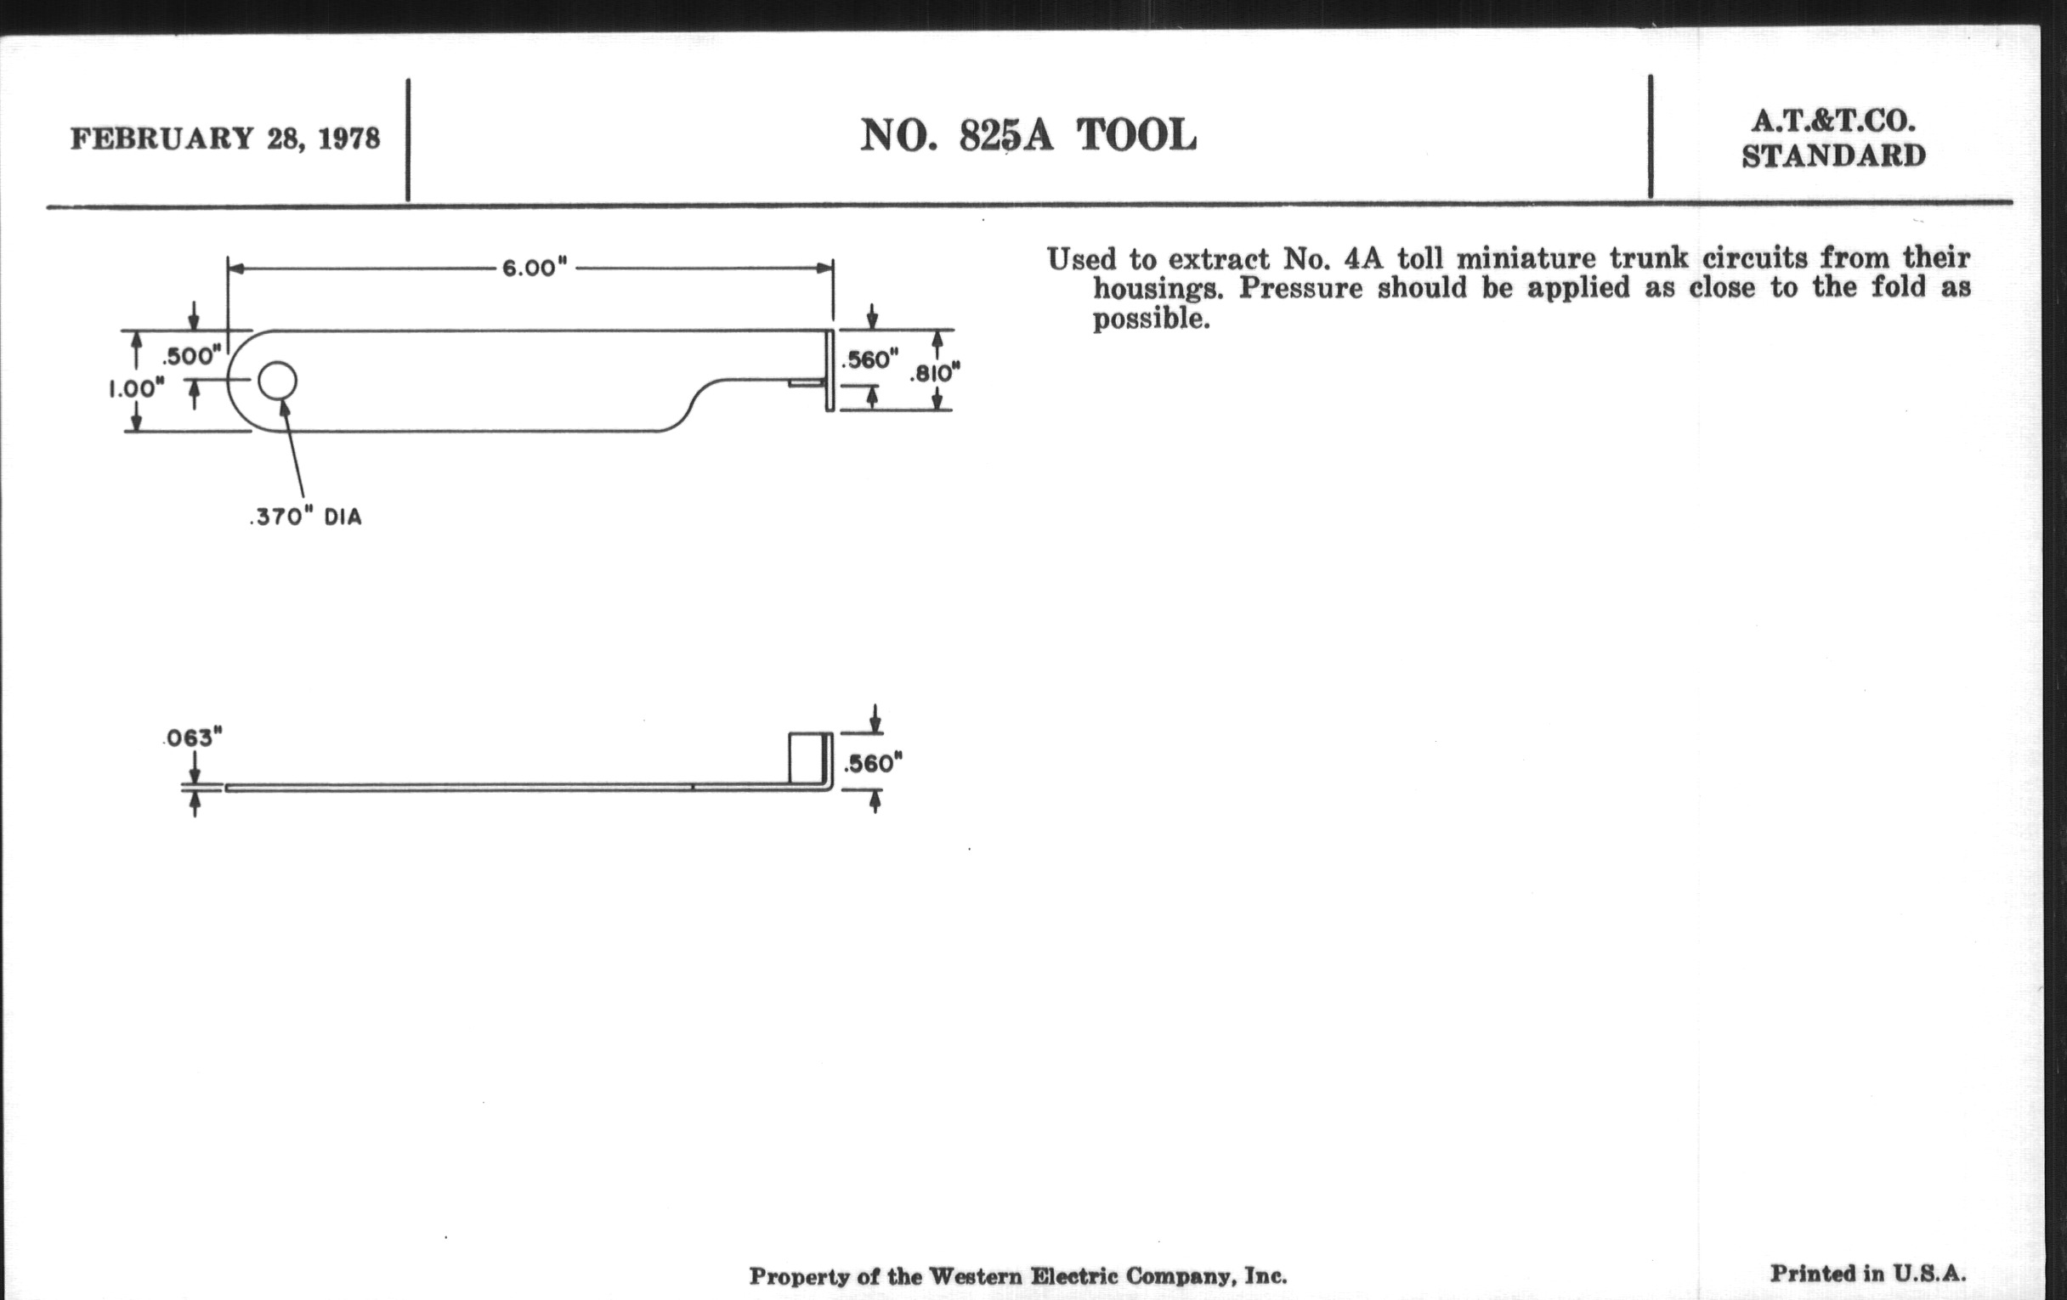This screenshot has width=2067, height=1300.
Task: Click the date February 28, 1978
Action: [x=225, y=138]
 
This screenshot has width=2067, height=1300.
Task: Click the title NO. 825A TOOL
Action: [x=1028, y=136]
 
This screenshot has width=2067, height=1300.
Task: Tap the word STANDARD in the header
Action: [x=1833, y=156]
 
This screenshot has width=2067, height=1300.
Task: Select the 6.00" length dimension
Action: [x=534, y=268]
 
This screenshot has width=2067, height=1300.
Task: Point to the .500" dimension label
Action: [x=191, y=355]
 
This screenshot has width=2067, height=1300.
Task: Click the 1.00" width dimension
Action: [x=136, y=388]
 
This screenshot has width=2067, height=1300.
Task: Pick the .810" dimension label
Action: [x=934, y=372]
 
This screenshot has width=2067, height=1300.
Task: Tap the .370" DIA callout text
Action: [x=306, y=517]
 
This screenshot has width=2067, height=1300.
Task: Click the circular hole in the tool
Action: [x=277, y=381]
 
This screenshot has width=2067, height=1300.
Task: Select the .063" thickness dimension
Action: [x=193, y=738]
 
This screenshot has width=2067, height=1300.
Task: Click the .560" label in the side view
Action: [x=873, y=763]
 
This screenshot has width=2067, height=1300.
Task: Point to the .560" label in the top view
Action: [x=869, y=359]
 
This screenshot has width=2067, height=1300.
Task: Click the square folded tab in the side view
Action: [x=809, y=759]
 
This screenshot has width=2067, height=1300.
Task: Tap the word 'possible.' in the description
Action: [x=1151, y=319]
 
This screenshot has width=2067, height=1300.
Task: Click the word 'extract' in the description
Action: [x=1218, y=258]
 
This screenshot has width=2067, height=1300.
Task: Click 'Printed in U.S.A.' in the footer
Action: [x=1868, y=1274]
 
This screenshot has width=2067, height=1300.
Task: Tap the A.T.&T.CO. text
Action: [x=1833, y=122]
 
